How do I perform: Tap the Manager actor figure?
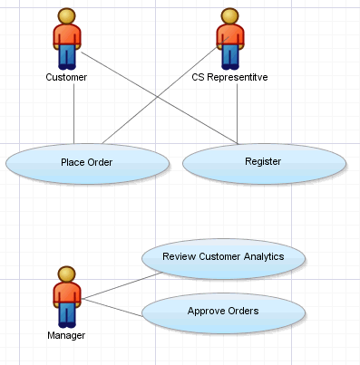pyautogui.click(x=66, y=296)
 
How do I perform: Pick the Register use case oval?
pyautogui.click(x=264, y=162)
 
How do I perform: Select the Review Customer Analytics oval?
pyautogui.click(x=223, y=257)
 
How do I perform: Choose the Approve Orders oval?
pyautogui.click(x=223, y=311)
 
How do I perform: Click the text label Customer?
pyautogui.click(x=66, y=78)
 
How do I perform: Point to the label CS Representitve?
pyautogui.click(x=229, y=78)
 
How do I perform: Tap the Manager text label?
pyautogui.click(x=66, y=336)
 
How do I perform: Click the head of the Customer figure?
pyautogui.click(x=66, y=15)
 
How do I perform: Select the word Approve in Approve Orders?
pyautogui.click(x=206, y=311)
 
